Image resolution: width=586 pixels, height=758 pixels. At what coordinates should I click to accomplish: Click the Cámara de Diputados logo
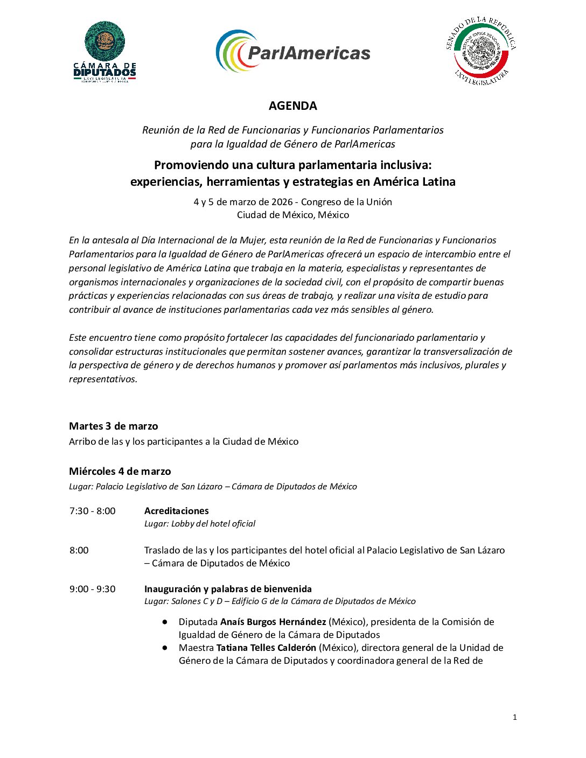click(x=104, y=52)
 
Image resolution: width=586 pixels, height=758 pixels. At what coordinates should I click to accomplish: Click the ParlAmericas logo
click(x=293, y=52)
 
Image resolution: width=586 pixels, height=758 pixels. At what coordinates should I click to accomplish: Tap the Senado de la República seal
click(x=481, y=52)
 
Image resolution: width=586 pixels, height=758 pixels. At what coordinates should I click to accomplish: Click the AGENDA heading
click(x=292, y=106)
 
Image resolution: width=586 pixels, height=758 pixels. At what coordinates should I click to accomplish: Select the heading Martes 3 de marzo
click(x=114, y=426)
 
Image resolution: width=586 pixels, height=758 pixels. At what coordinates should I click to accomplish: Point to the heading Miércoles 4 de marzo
click(x=120, y=472)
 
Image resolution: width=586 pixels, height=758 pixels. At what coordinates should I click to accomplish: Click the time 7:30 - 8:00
click(x=92, y=511)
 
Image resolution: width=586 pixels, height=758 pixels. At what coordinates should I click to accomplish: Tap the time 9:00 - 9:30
click(x=92, y=589)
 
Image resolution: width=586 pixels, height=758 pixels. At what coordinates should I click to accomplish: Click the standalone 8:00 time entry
click(x=79, y=550)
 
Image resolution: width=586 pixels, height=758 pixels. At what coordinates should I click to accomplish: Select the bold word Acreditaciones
click(x=176, y=511)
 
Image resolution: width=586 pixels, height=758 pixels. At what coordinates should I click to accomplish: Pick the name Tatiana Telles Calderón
click(x=266, y=648)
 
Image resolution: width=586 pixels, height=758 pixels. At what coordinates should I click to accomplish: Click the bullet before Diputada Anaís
click(x=165, y=622)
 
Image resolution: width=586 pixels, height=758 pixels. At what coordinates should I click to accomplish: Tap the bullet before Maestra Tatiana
click(x=165, y=648)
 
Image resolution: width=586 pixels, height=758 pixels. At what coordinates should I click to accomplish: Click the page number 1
click(x=515, y=717)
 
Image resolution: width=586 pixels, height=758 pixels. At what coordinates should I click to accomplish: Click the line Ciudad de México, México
click(x=293, y=215)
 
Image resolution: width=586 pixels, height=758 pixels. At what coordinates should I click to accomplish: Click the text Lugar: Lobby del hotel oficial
click(x=200, y=524)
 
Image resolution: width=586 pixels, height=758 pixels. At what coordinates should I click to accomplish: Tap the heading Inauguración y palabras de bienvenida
click(x=228, y=589)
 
